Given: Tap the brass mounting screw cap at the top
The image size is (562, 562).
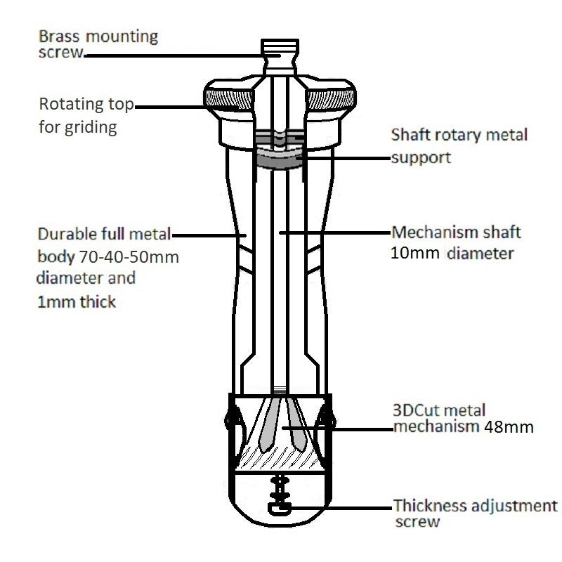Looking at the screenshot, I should tap(280, 50).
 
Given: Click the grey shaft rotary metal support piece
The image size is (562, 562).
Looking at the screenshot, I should tap(280, 160).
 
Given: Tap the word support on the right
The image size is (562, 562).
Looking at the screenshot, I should tap(421, 157).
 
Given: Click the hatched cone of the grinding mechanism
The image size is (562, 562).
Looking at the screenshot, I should tap(280, 460).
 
